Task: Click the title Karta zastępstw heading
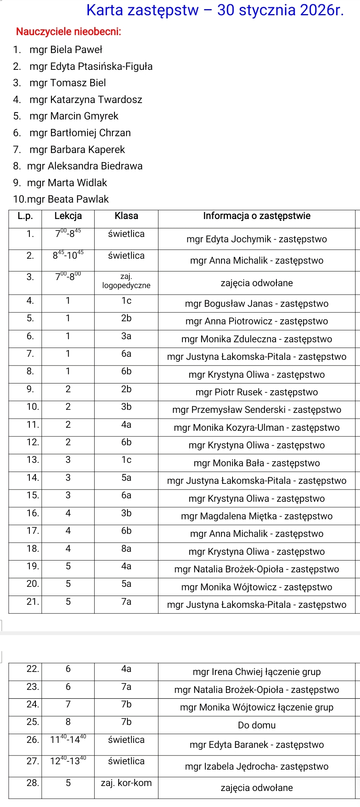pyautogui.click(x=215, y=10)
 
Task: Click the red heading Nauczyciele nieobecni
pyautogui.click(x=68, y=32)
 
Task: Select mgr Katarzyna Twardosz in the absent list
pyautogui.click(x=86, y=100)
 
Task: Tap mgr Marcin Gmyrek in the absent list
pyautogui.click(x=74, y=116)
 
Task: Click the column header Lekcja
pyautogui.click(x=68, y=216)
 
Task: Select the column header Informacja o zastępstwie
pyautogui.click(x=257, y=216)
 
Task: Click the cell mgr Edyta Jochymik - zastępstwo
pyautogui.click(x=257, y=239)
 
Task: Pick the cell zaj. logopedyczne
pyautogui.click(x=126, y=281)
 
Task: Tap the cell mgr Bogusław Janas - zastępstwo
pyautogui.click(x=257, y=304)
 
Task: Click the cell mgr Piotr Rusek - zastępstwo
pyautogui.click(x=257, y=392)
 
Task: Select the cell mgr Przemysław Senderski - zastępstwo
pyautogui.click(x=257, y=410)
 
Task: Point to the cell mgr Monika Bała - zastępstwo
pyautogui.click(x=257, y=463)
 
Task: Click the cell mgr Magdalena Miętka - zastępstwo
pyautogui.click(x=257, y=516)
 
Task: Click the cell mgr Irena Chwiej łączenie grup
pyautogui.click(x=257, y=672)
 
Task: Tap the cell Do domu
pyautogui.click(x=257, y=725)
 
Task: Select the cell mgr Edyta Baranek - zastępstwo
pyautogui.click(x=257, y=745)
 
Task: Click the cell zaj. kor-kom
pyautogui.click(x=126, y=783)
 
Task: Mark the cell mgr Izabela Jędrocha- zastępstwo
pyautogui.click(x=257, y=767)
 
